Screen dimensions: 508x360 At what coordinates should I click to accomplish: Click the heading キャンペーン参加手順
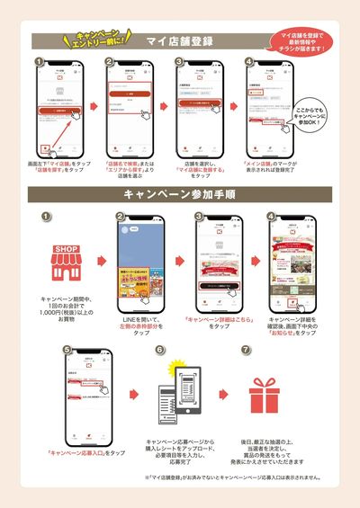tap(180, 193)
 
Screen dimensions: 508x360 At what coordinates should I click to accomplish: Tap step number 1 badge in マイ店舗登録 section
tap(39, 63)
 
